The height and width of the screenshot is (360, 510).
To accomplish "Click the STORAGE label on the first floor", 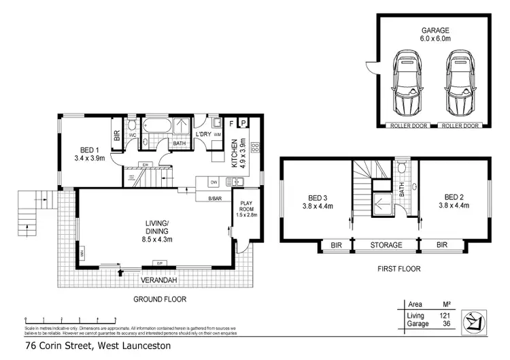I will (x=386, y=245).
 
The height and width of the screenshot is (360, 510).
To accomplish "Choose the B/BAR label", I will (x=215, y=198).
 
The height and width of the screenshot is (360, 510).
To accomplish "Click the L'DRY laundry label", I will (x=203, y=135).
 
